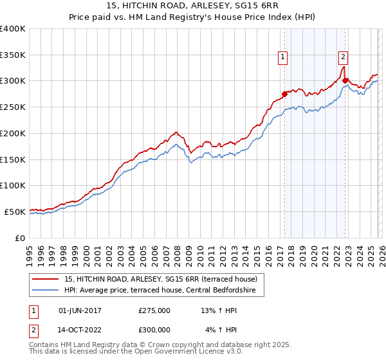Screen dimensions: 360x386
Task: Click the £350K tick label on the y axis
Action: click(13, 55)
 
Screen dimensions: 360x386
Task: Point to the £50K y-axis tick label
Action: click(15, 212)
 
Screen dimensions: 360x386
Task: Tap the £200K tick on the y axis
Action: click(13, 134)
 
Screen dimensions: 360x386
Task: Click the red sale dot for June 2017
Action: click(284, 94)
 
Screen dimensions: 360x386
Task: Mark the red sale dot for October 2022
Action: click(345, 81)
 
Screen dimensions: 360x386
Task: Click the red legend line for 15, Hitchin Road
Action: click(46, 279)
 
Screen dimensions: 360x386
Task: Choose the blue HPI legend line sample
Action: click(46, 291)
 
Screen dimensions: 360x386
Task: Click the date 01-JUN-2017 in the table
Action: click(80, 310)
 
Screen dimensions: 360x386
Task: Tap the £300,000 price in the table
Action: click(154, 329)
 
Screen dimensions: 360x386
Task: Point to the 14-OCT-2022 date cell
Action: click(80, 329)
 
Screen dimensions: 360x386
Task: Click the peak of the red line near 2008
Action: click(175, 132)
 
